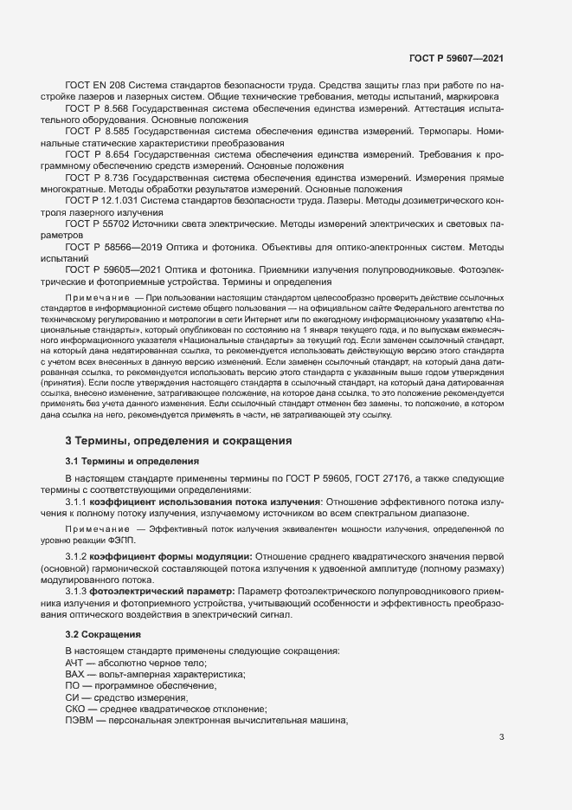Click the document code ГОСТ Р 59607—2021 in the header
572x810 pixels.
coord(455,58)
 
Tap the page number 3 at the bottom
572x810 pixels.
coord(503,738)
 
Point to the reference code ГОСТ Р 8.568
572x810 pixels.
coord(97,108)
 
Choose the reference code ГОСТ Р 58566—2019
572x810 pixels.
coord(116,245)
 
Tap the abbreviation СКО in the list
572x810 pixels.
coord(76,709)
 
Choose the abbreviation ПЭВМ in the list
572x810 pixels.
coord(80,721)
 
